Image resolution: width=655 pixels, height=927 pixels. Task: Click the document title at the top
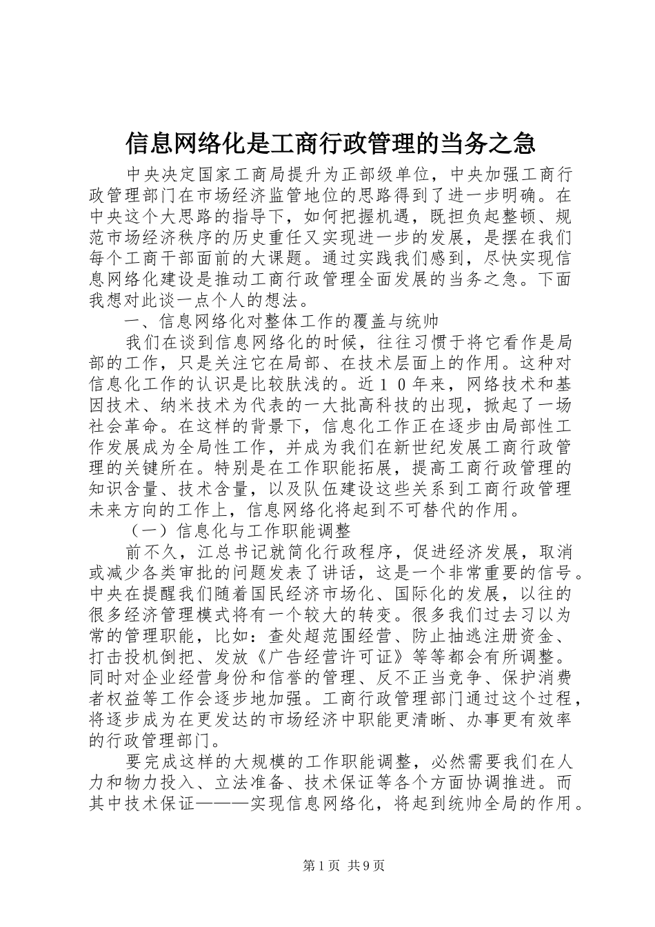[330, 143]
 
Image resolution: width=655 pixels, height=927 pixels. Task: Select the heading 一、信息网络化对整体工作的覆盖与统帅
[281, 321]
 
